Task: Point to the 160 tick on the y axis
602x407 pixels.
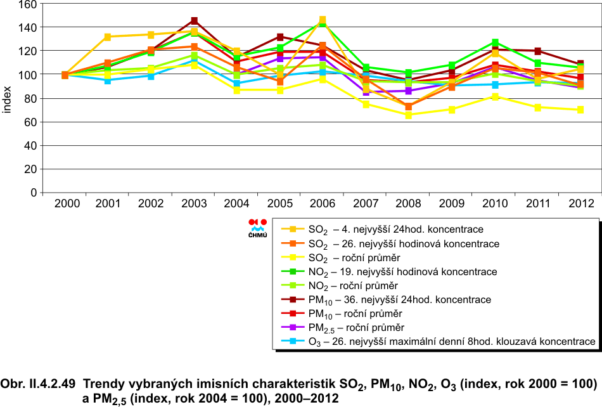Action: coord(28,4)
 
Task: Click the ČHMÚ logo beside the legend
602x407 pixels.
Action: coord(257,228)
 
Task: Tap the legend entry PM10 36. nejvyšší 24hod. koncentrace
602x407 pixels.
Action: coord(399,299)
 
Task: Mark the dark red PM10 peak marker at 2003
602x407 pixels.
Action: coord(194,21)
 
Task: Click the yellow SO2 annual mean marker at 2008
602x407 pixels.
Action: coord(408,115)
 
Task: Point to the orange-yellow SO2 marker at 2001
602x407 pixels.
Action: coord(108,37)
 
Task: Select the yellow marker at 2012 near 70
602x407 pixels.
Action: coord(580,110)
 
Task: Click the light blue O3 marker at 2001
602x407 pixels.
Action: coord(108,81)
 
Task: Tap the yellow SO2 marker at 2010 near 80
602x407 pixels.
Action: coord(495,97)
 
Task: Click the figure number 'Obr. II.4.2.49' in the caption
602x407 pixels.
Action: coord(39,384)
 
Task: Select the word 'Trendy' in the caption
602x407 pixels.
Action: coord(103,384)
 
